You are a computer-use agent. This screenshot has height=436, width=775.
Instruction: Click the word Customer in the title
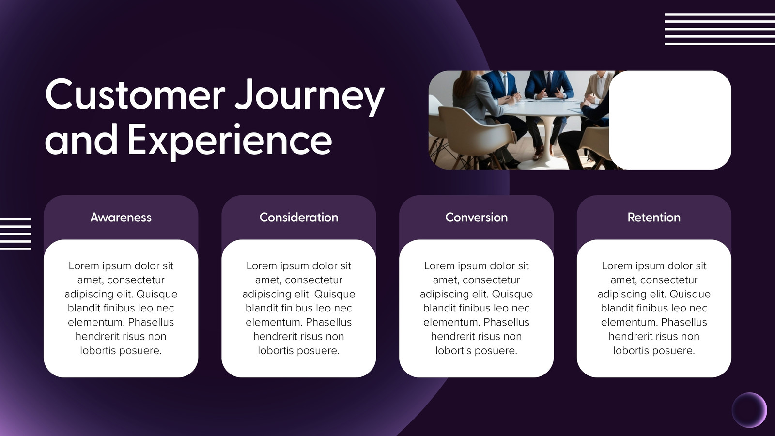click(x=135, y=94)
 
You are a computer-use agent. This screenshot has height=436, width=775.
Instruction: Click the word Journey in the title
click(x=310, y=97)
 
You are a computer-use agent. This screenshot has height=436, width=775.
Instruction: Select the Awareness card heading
click(x=121, y=218)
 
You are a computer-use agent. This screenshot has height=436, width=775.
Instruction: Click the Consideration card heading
click(x=298, y=218)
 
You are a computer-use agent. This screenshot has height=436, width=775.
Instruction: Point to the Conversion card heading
click(x=477, y=218)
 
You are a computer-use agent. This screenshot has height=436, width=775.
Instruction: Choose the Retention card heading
click(x=654, y=218)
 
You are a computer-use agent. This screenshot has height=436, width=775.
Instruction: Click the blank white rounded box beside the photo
click(x=670, y=120)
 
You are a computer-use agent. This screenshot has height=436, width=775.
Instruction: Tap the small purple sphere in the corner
click(x=749, y=410)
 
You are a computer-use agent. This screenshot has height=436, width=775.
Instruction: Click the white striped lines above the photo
click(x=720, y=29)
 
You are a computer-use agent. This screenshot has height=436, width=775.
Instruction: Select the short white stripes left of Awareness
click(x=15, y=234)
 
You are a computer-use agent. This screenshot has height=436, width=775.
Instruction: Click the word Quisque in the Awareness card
click(x=157, y=294)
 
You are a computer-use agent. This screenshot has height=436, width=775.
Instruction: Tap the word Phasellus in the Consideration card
click(x=329, y=322)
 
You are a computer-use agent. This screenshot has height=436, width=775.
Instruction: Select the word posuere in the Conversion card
click(x=497, y=351)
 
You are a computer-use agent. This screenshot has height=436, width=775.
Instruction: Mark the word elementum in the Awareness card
click(x=96, y=322)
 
